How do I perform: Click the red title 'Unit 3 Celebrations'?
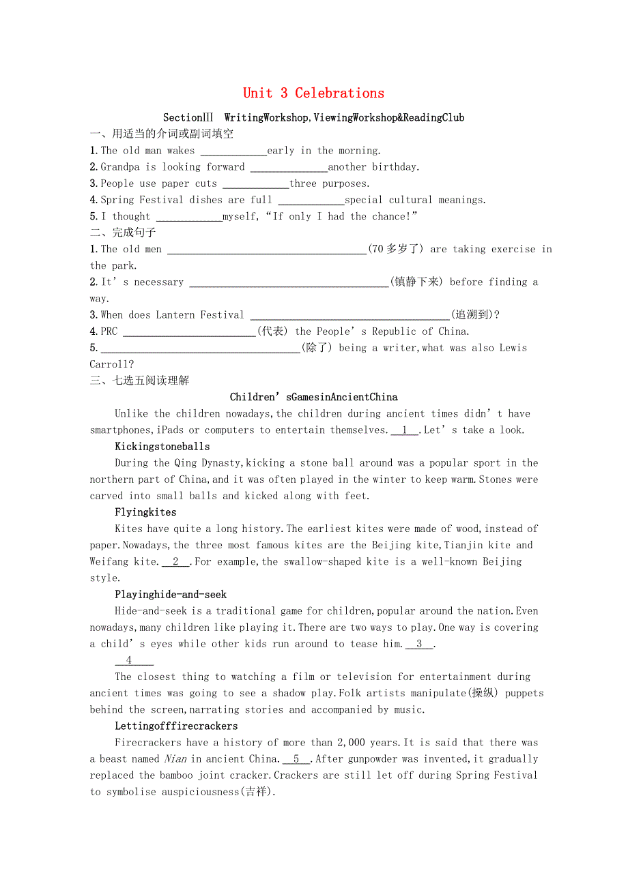click(313, 93)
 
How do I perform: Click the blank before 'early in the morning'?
click(233, 151)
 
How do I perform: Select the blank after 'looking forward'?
click(289, 168)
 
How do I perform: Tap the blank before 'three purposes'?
click(256, 184)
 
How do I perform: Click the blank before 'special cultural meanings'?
click(311, 201)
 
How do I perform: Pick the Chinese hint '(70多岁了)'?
click(397, 249)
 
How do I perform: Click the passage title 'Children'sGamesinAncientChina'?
click(313, 397)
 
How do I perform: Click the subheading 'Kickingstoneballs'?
click(162, 447)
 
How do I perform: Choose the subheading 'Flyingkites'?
click(145, 512)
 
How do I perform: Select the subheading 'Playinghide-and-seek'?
click(171, 595)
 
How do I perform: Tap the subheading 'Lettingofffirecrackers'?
click(176, 726)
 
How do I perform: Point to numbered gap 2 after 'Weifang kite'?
click(176, 562)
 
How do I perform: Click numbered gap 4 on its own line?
click(134, 660)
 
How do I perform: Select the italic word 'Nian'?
click(175, 759)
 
